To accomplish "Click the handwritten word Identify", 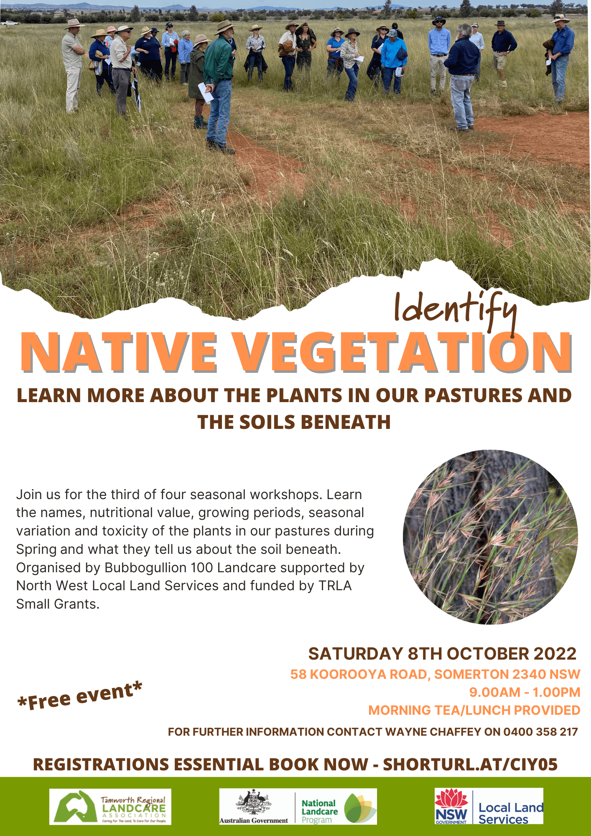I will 456,309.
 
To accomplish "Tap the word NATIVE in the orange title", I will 119,352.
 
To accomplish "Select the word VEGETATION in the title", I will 401,352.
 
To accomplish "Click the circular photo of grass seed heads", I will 490,537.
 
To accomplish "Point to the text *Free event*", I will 80,696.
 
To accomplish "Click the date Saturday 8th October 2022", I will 442,654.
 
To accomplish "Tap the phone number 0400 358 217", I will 540,732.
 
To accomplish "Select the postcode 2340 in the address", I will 530,674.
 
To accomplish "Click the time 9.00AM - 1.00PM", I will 525,692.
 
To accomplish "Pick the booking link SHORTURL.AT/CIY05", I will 470,765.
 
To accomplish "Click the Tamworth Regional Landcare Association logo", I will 110,807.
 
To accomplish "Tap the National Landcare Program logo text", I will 319,811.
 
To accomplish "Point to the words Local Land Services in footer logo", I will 510,813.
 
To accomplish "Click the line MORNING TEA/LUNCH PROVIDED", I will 474,710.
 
